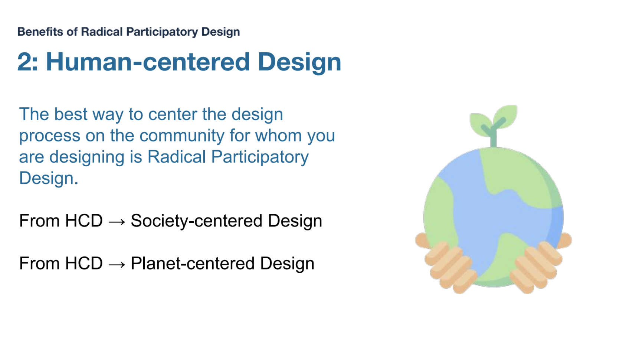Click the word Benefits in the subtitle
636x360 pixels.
40,32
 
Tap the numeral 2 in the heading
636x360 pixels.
25,62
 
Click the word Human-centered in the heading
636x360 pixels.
148,62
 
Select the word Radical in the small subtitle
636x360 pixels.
102,32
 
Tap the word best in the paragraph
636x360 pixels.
71,114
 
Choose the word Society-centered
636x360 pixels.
196,221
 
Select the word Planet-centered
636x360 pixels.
192,263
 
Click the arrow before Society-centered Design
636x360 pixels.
117,222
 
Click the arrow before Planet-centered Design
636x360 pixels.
117,264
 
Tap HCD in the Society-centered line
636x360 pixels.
84,220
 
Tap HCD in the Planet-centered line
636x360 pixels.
84,263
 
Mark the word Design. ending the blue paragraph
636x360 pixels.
49,178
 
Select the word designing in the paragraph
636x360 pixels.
87,157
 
